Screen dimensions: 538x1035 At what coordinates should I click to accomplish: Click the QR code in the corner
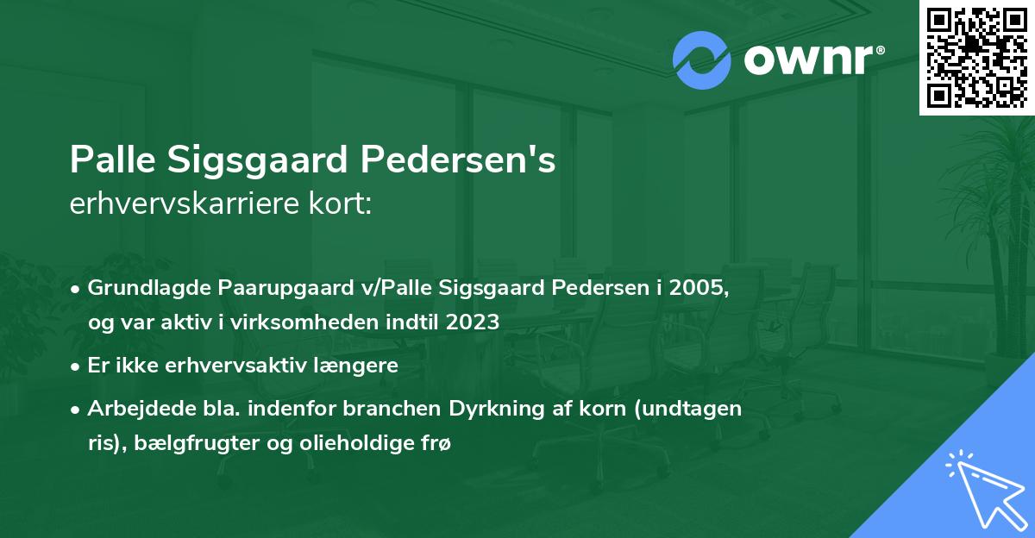pyautogui.click(x=976, y=57)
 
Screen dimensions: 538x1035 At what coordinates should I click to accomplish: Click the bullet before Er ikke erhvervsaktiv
pyautogui.click(x=77, y=365)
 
